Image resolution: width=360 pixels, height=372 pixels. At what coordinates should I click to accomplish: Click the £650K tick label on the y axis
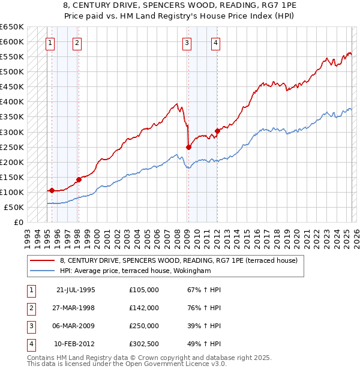tap(12, 27)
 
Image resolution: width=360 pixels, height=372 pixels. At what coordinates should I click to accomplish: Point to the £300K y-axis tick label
tap(12, 132)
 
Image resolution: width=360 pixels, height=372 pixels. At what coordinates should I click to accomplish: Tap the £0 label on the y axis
tap(19, 222)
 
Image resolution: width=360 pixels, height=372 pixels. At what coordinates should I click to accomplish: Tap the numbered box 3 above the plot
tap(187, 43)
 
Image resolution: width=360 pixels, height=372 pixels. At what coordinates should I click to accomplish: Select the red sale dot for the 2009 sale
tap(188, 147)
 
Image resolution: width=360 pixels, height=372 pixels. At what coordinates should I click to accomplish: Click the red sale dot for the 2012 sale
tap(217, 131)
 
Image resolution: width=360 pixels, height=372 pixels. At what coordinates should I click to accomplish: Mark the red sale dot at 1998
tap(79, 179)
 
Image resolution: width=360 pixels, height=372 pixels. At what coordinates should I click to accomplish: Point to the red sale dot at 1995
tap(52, 190)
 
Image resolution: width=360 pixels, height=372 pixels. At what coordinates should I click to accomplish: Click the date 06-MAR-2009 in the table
tap(76, 326)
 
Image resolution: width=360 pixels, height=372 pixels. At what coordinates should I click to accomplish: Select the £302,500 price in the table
tap(144, 344)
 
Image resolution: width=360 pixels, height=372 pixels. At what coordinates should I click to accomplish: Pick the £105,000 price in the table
tap(144, 290)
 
